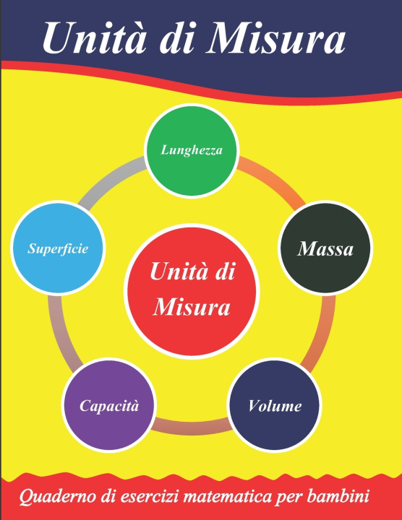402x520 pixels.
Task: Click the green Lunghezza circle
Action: coord(192,150)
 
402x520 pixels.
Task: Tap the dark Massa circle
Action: coord(325,248)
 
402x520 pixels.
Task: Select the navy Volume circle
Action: coord(275,405)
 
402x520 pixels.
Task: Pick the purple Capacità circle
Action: coord(109,405)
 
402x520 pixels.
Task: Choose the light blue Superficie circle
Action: coord(58,248)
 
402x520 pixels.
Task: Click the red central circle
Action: coord(192,291)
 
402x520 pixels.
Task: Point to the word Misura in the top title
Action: coord(275,37)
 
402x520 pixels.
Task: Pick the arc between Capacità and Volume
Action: coord(192,425)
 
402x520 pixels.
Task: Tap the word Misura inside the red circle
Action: coord(192,308)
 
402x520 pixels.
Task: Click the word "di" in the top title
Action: coord(176,37)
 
